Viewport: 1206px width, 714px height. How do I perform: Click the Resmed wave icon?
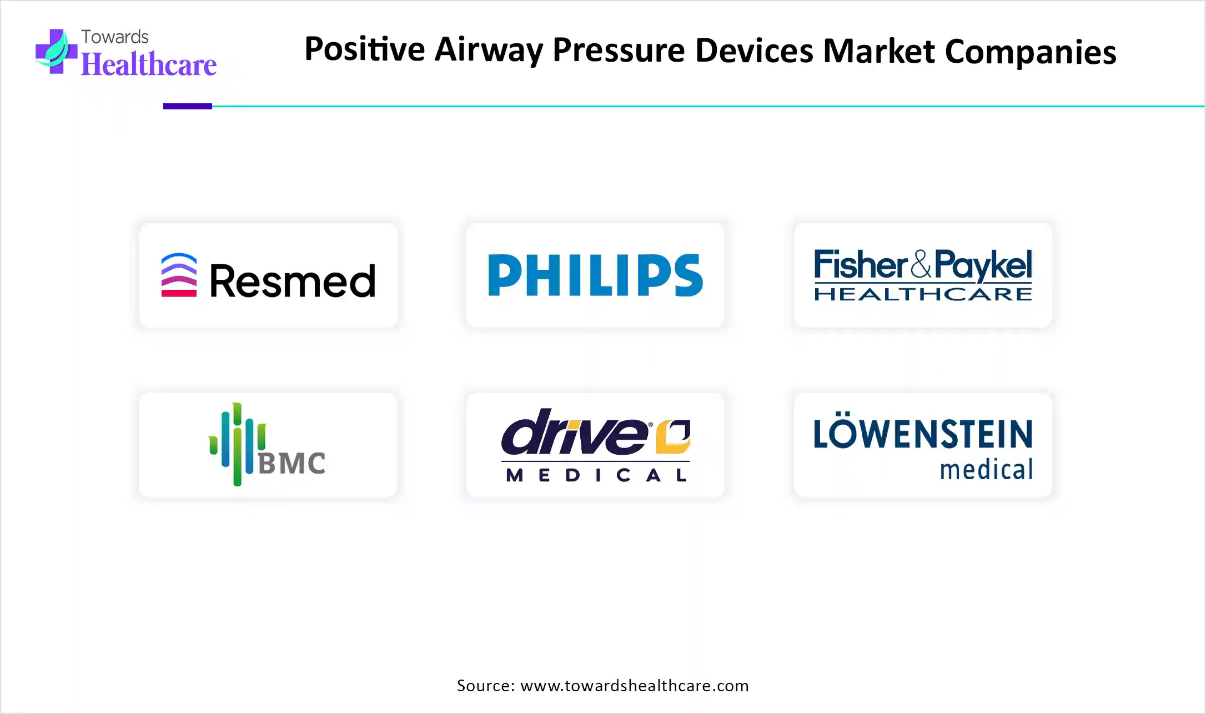click(179, 275)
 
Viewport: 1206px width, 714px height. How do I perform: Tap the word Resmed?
click(293, 281)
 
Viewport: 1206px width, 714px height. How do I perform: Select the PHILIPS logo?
click(595, 275)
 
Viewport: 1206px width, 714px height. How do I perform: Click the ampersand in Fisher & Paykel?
click(921, 264)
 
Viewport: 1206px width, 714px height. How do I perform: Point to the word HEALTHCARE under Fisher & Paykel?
click(923, 294)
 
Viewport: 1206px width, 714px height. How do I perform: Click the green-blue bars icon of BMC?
click(237, 444)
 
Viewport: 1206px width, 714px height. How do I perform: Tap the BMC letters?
click(292, 464)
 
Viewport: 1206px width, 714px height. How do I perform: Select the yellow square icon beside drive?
click(673, 436)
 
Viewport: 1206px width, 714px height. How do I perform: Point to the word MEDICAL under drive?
click(596, 475)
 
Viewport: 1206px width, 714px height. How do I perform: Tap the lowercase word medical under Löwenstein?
click(986, 470)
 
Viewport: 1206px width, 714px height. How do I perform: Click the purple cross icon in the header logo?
click(56, 51)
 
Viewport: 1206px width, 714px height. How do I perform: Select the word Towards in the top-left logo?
click(115, 37)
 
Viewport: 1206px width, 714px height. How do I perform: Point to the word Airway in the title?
click(489, 50)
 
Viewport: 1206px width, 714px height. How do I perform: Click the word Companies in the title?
click(1030, 52)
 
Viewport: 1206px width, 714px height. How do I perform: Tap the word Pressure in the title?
click(619, 50)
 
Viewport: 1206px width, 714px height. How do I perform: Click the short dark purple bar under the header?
click(188, 106)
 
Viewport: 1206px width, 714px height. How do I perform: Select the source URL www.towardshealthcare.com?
click(635, 686)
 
